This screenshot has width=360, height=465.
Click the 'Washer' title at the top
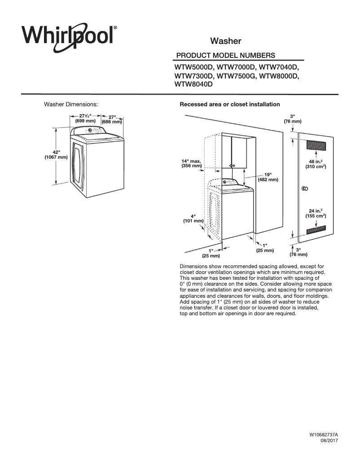[226, 41]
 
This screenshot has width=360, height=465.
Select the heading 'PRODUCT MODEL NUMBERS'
[226, 56]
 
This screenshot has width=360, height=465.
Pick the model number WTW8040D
[193, 84]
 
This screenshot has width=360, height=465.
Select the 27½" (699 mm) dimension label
[85, 118]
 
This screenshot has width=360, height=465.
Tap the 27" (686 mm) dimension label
[112, 119]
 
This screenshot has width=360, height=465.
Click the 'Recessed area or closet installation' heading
[230, 104]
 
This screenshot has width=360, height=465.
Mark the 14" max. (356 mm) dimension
[192, 163]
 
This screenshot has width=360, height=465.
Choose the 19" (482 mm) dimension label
[268, 177]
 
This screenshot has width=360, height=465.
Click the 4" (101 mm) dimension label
[193, 218]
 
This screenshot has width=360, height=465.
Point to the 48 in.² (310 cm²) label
[316, 164]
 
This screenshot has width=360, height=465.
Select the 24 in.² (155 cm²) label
[316, 213]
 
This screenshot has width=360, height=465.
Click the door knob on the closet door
[304, 188]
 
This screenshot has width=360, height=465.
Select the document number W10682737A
[323, 435]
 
